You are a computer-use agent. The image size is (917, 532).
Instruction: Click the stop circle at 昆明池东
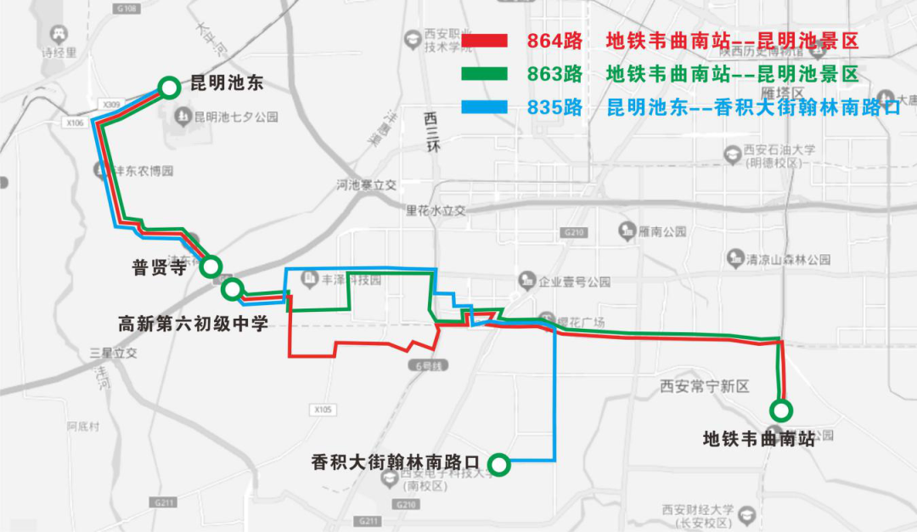coord(169,86)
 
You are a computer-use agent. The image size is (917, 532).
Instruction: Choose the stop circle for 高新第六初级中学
coord(232,290)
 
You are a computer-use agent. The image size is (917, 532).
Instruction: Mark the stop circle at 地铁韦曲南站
coord(780,410)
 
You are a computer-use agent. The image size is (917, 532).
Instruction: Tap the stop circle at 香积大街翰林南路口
coord(499,464)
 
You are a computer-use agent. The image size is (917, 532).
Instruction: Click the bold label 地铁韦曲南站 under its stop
coord(759,439)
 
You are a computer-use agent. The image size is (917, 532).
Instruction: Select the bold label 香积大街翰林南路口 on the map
coord(396,463)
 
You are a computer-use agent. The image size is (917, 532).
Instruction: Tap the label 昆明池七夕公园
coord(235,116)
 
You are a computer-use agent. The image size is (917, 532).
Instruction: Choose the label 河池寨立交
coord(366,184)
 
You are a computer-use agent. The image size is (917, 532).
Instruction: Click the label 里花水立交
coord(436,210)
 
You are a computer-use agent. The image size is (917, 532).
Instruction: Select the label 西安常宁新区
coord(705,386)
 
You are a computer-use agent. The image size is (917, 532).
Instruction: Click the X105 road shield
coord(323,410)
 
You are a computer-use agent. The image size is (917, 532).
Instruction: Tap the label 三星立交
coord(113,352)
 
